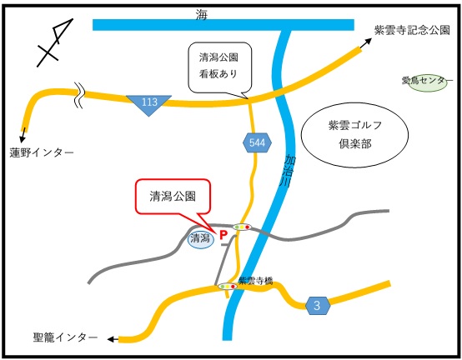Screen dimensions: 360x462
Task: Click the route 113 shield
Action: tap(149, 102)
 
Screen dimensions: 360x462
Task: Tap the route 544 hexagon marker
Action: tap(256, 143)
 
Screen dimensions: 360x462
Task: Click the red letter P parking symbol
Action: tap(223, 236)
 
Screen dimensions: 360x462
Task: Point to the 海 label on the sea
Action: tap(202, 13)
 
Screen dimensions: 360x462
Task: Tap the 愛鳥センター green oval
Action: tap(426, 82)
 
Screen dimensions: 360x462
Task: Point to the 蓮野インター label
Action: tap(42, 152)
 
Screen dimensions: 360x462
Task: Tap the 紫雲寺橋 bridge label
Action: tap(255, 280)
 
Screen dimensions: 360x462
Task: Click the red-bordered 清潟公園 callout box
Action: tap(173, 197)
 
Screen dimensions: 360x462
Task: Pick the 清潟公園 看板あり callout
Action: tap(218, 65)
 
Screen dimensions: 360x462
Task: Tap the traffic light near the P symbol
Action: tap(243, 227)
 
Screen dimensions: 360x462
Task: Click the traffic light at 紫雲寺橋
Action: tap(228, 287)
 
